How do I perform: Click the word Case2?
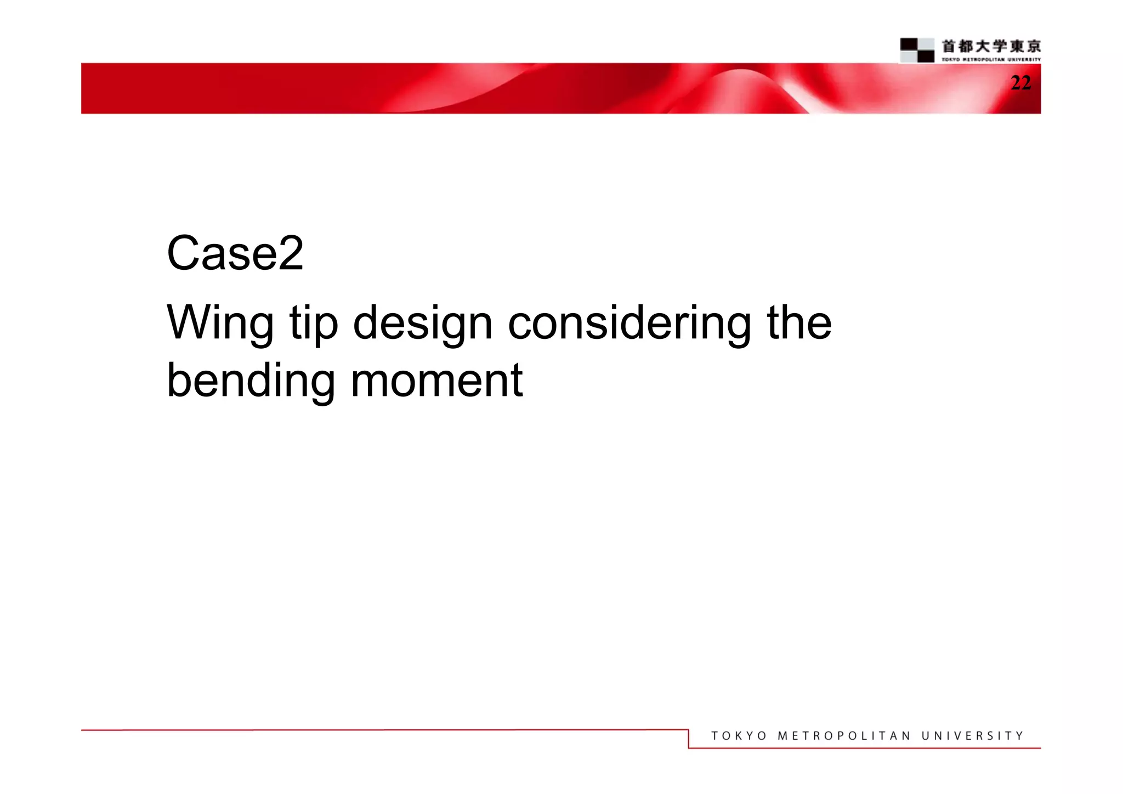[235, 253]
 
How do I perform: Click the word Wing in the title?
[220, 324]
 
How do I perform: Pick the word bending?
[251, 381]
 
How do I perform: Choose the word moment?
[436, 381]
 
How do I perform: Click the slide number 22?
[1020, 83]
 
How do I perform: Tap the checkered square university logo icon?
[917, 50]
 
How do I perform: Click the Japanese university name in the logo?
[991, 46]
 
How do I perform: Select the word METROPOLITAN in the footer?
[844, 736]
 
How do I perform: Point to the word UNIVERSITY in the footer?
[972, 736]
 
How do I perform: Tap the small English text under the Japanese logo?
[991, 59]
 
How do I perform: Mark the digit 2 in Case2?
[291, 253]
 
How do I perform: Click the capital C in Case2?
[183, 253]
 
